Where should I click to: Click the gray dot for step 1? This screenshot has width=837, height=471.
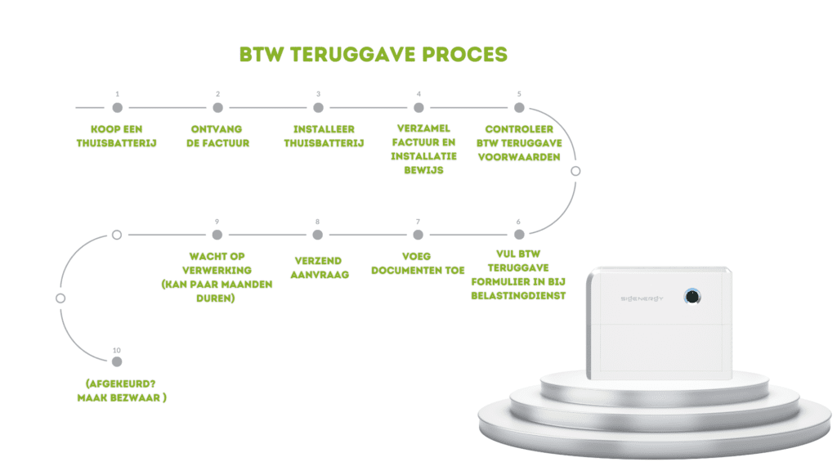coord(117,107)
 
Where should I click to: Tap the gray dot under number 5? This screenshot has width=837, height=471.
coord(519,107)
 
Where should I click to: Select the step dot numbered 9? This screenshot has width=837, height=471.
coord(217,235)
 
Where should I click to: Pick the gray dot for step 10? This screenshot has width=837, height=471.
coord(117,361)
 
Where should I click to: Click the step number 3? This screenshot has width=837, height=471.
coord(318,94)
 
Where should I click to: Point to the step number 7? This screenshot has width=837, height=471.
coord(418,222)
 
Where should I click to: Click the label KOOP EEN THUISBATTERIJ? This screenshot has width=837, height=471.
coord(117,137)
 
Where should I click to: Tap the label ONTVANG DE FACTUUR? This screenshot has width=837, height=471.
coord(217,137)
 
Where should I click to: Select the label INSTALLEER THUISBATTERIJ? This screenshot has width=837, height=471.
coord(318,137)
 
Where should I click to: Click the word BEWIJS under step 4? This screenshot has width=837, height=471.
coord(418,169)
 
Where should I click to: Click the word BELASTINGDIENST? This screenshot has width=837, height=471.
coord(518,295)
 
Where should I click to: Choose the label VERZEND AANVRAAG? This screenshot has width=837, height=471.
coord(318,268)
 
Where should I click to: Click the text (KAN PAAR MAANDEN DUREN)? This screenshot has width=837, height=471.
coord(217,291)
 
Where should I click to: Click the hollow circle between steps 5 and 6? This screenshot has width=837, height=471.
coord(575,171)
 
